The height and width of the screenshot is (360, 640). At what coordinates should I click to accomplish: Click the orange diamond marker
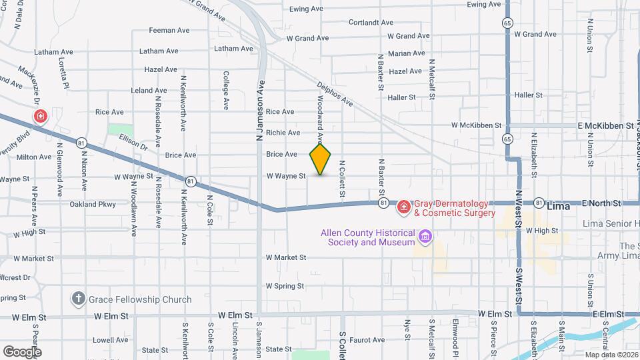[x=320, y=159]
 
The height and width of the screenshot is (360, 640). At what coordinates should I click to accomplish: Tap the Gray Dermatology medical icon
[x=403, y=209]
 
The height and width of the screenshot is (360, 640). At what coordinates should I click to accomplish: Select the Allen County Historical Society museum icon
[x=425, y=237]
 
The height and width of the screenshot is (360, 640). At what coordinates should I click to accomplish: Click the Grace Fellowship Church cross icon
[x=78, y=299]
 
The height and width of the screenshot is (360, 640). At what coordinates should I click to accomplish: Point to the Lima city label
[x=558, y=207]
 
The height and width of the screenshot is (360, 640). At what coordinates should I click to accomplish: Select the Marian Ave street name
[x=406, y=53]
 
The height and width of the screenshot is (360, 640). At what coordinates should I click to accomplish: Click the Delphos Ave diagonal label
[x=334, y=94]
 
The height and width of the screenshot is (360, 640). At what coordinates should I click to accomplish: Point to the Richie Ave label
[x=283, y=133]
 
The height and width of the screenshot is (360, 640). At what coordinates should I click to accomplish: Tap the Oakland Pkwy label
[x=93, y=204]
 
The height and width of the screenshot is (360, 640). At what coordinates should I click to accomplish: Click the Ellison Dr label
[x=133, y=141]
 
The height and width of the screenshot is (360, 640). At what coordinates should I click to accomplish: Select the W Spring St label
[x=285, y=286]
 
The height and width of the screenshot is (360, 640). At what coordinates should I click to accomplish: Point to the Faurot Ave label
[x=367, y=340]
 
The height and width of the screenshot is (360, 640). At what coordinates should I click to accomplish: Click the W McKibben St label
[x=475, y=125]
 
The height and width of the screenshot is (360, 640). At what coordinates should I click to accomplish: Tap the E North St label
[x=601, y=203]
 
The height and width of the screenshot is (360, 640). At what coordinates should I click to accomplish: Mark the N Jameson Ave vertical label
[x=261, y=111]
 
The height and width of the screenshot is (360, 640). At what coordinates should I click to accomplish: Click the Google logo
[x=21, y=351]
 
